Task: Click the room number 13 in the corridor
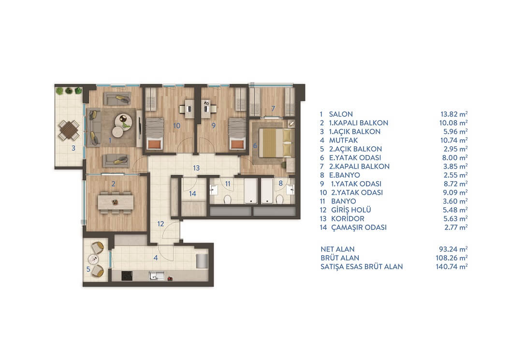pyautogui.click(x=196, y=168)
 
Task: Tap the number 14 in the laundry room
pyautogui.click(x=192, y=194)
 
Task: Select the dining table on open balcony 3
pyautogui.click(x=69, y=130)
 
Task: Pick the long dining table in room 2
pyautogui.click(x=116, y=202)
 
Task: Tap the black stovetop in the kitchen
pyautogui.click(x=127, y=276)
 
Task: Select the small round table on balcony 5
pyautogui.click(x=93, y=259)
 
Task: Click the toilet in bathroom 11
pyautogui.click(x=227, y=199)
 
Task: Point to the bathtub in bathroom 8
pyautogui.click(x=267, y=190)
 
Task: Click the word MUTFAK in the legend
pyautogui.click(x=344, y=140)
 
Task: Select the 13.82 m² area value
pyautogui.click(x=454, y=114)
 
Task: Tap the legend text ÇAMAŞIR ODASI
pyautogui.click(x=359, y=227)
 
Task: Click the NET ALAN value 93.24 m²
pyautogui.click(x=453, y=249)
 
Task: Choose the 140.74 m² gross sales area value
pyautogui.click(x=451, y=267)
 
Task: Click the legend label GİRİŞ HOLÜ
pyautogui.click(x=351, y=210)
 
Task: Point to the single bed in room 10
pyautogui.click(x=154, y=133)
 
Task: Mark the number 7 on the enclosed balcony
pyautogui.click(x=273, y=108)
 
